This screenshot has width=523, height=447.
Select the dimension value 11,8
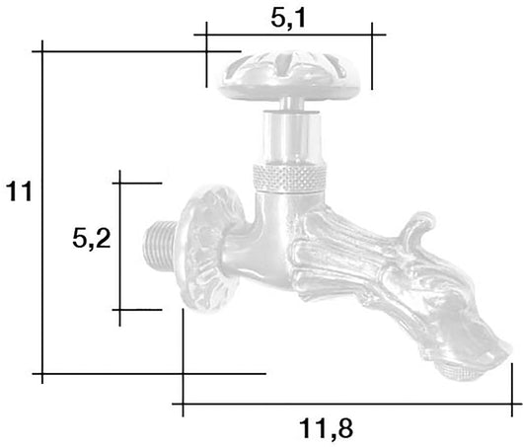coord(326,428)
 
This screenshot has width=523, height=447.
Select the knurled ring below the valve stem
coord(288,179)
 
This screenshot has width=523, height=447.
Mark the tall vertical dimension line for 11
coord(42,212)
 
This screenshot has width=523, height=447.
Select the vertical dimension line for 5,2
coord(118,247)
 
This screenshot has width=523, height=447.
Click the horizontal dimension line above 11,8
coord(345,404)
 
